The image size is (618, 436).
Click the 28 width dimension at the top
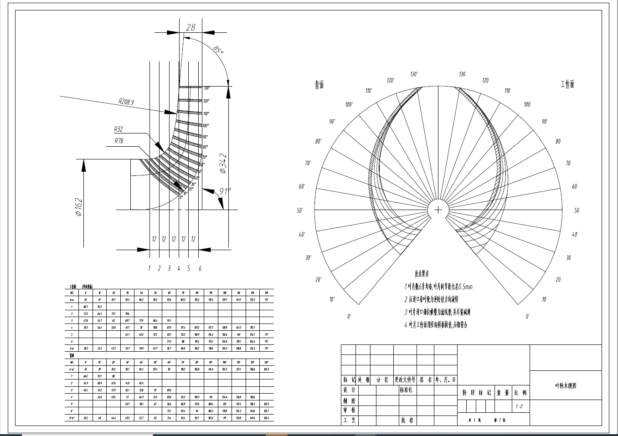point(191,27)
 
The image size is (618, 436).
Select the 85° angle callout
point(218,49)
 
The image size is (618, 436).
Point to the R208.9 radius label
point(126,102)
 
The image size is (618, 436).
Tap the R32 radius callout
point(118,129)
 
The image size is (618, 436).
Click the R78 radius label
point(119,141)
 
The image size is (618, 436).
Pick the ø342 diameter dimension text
point(223,163)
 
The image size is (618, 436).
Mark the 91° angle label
point(224,192)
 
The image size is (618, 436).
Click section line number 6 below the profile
point(200,268)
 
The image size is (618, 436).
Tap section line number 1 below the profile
point(149,268)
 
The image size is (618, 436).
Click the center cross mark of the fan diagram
point(438,210)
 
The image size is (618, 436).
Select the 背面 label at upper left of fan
point(319,85)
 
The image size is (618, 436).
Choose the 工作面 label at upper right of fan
point(567,84)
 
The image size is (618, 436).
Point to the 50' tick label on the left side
point(300,210)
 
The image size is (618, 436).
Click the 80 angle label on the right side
point(558,142)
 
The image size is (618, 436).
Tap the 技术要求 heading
point(422,274)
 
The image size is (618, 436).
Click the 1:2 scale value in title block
point(519,407)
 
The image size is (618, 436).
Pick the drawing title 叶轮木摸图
point(566,385)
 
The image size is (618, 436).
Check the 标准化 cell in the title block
point(407,390)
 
